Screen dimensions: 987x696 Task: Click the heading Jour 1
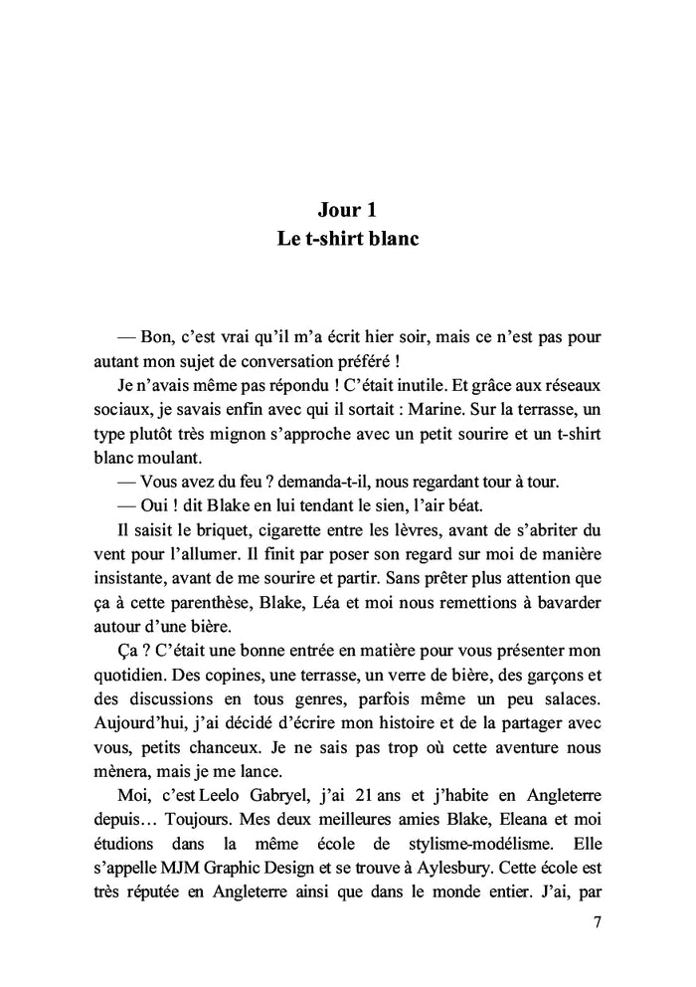347,210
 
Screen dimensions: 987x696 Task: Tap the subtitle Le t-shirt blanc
347,241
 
